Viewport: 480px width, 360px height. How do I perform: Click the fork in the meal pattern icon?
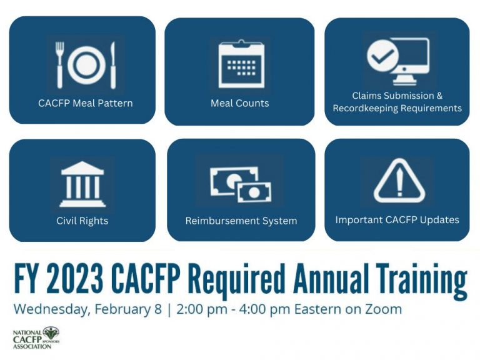pos(60,65)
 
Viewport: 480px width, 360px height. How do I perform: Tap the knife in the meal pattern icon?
pos(113,65)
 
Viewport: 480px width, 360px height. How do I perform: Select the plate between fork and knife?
pos(87,65)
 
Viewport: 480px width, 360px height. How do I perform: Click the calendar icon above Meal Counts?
pos(241,64)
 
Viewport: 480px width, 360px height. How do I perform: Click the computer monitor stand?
pos(405,80)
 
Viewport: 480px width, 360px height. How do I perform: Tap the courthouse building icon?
pos(82,184)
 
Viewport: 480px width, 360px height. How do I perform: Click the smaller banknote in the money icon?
pos(254,192)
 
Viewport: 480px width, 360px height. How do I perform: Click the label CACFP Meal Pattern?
pos(86,103)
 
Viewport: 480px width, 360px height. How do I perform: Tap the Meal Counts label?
pos(240,103)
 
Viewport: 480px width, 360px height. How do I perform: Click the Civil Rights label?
pos(82,221)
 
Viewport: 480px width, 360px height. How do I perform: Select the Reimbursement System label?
pos(241,221)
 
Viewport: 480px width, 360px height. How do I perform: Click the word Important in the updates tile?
pos(359,220)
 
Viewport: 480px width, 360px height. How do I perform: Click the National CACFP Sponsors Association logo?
pos(36,338)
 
